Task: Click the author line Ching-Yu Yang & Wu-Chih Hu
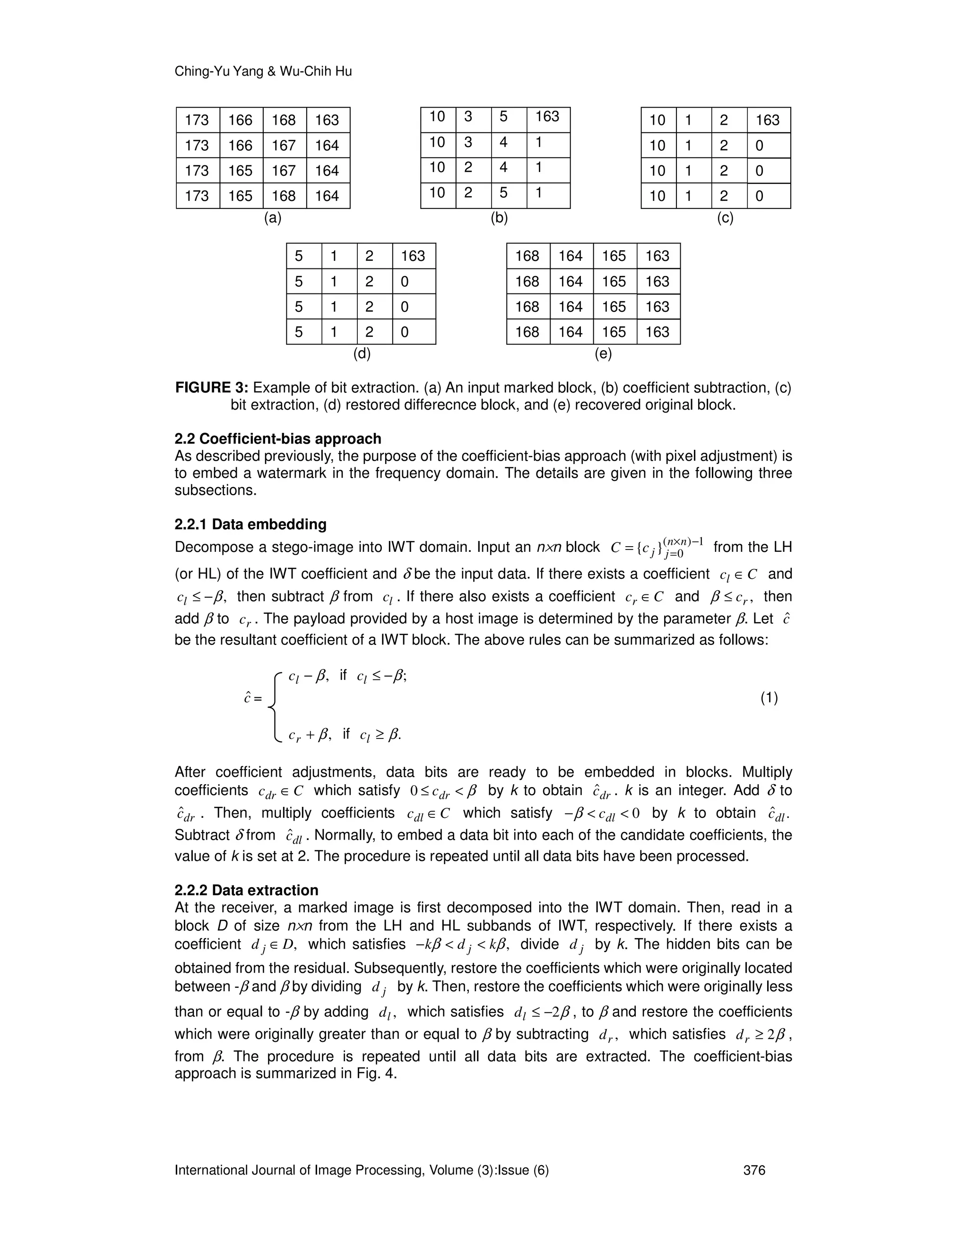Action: click(x=263, y=72)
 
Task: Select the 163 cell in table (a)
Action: click(x=327, y=120)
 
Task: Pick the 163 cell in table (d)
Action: click(x=413, y=256)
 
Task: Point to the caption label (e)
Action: click(x=603, y=354)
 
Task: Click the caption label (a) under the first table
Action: click(x=272, y=218)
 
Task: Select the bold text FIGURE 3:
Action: click(x=212, y=388)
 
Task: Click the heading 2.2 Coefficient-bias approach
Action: click(x=277, y=438)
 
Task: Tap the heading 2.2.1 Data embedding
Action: click(x=250, y=524)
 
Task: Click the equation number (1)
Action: click(x=769, y=698)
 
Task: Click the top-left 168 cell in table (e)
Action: click(x=527, y=256)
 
